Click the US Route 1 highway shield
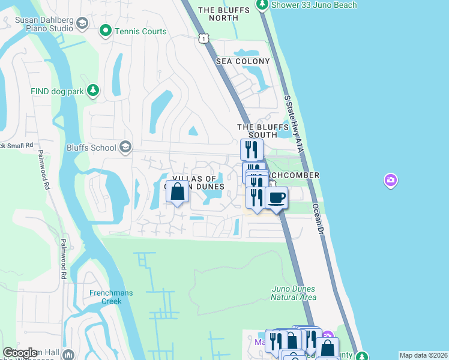click(204, 38)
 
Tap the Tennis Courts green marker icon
click(106, 29)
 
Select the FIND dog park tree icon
click(92, 91)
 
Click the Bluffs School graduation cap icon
click(125, 147)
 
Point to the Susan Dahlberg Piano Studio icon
click(82, 24)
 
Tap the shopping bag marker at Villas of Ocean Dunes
click(177, 193)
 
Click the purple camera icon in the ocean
click(391, 180)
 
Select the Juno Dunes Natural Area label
click(293, 293)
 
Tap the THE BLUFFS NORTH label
click(218, 14)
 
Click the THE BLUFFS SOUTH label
click(258, 131)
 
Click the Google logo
click(20, 353)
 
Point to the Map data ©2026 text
click(423, 355)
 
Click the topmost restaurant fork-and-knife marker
click(252, 149)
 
